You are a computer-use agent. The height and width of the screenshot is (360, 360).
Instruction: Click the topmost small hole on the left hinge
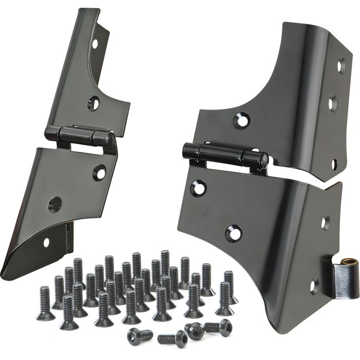click(95, 44)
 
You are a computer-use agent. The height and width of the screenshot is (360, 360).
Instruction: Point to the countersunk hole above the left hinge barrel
click(93, 103)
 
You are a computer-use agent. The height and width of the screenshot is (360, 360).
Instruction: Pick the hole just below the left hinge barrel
click(99, 172)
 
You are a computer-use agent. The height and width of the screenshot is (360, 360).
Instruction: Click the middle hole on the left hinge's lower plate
click(55, 205)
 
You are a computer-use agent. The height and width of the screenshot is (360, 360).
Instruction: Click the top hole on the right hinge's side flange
click(341, 65)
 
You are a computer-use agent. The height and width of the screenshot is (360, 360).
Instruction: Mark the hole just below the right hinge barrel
click(198, 188)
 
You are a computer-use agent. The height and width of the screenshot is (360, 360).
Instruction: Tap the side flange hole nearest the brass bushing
click(314, 285)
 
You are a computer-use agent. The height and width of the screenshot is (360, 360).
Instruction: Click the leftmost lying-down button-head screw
click(140, 335)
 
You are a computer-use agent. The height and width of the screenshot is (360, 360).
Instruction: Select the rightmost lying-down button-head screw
click(218, 326)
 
